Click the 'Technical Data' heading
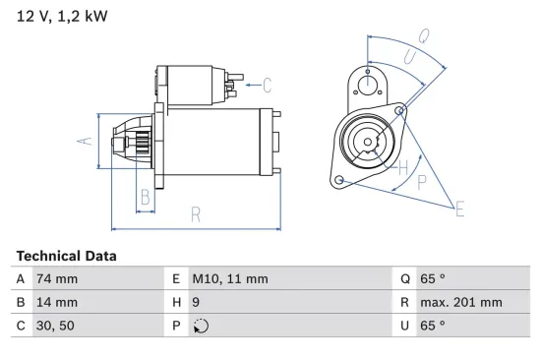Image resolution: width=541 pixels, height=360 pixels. (66, 256)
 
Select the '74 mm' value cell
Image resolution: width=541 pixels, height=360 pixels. (57, 278)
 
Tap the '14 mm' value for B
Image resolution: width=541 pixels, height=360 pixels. (57, 302)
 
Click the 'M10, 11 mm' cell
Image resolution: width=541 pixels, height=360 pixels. (230, 278)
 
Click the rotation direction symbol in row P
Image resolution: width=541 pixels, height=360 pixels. (201, 326)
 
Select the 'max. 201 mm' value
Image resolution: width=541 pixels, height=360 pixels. (464, 302)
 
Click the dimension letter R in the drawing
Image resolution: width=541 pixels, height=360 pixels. (195, 214)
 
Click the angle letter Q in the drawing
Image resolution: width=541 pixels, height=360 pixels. (425, 35)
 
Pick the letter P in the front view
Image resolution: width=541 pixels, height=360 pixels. (421, 182)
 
